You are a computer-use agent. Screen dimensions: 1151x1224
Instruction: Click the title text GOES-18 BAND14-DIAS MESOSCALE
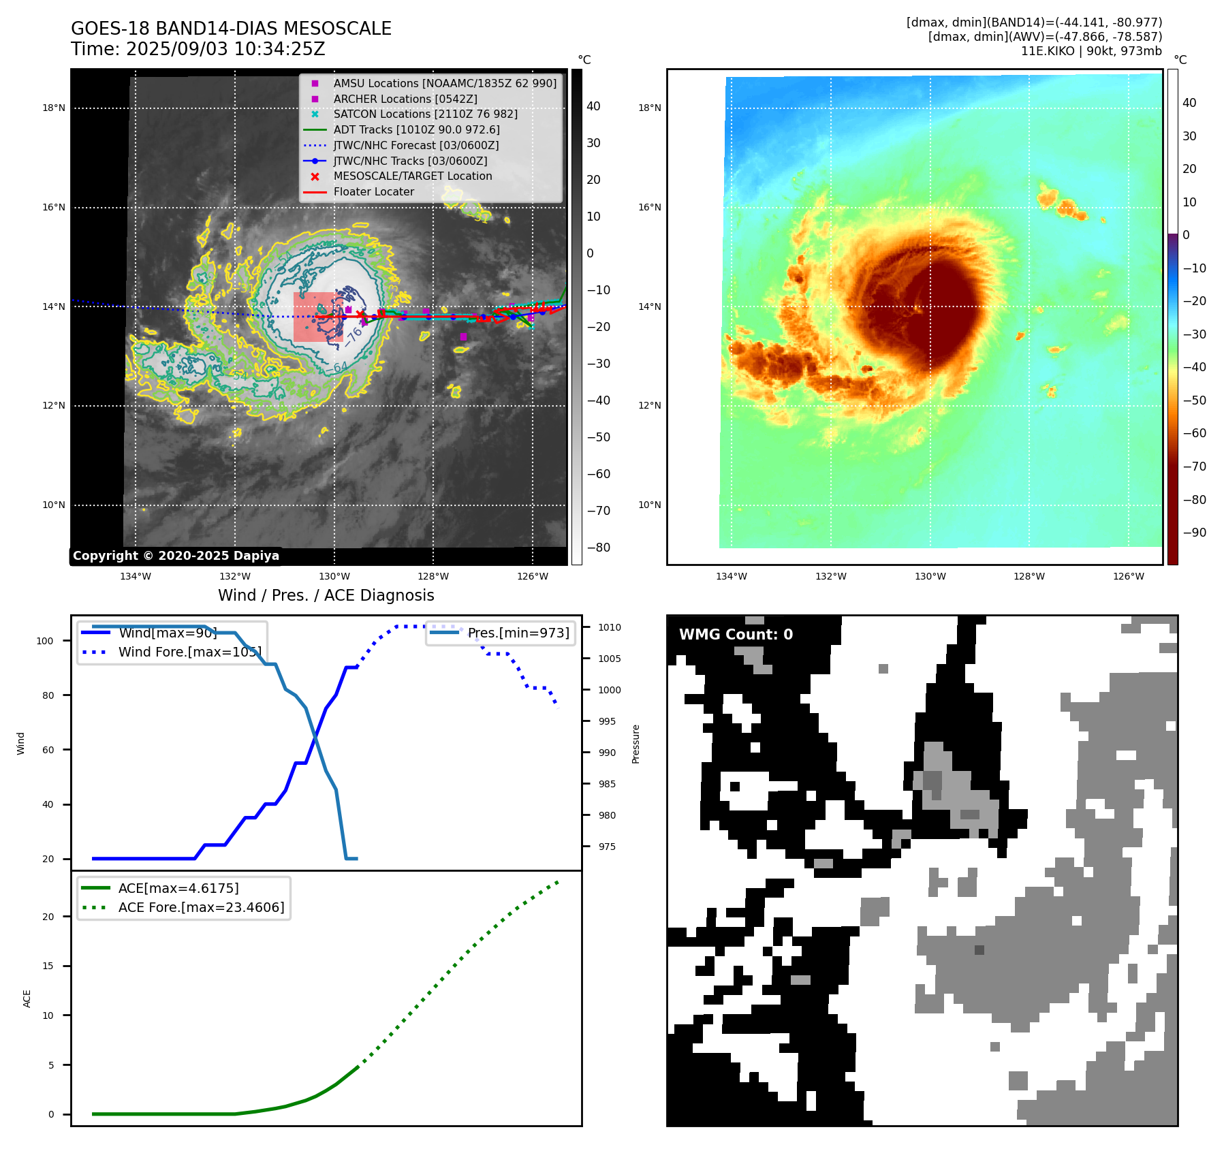pos(231,29)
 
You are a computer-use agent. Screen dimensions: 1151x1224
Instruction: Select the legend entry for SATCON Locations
pos(425,114)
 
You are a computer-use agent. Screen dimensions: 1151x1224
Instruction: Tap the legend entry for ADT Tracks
pos(416,129)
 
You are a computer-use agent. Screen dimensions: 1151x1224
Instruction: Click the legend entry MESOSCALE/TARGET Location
pos(412,176)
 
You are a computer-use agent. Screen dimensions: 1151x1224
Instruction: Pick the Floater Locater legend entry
pos(373,191)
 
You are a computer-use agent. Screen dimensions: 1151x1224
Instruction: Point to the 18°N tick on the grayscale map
pos(54,108)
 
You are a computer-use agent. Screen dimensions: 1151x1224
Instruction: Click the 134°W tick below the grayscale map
pos(136,576)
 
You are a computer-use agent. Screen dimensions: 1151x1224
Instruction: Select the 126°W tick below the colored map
pos(1128,576)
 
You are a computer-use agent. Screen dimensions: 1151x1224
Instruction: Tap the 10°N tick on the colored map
pos(650,505)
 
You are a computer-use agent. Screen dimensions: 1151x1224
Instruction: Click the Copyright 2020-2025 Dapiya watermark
pos(176,556)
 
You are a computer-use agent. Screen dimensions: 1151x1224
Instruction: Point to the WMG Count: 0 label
pos(736,634)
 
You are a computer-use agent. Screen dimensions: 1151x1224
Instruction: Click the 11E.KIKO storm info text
pos(1091,51)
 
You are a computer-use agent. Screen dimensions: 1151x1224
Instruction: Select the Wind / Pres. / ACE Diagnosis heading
pos(326,595)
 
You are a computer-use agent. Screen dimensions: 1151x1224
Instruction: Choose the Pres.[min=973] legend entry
pos(518,633)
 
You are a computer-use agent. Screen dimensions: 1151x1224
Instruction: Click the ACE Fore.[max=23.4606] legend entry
pos(201,907)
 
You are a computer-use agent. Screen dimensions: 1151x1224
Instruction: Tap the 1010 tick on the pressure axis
pos(610,627)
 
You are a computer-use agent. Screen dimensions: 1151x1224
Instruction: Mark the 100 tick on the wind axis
pos(45,641)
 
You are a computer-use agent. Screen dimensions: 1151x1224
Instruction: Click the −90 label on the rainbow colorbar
pos(1195,533)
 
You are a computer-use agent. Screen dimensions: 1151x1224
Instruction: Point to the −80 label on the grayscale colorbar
pos(599,548)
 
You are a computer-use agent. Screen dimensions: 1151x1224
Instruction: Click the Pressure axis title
pos(635,744)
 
